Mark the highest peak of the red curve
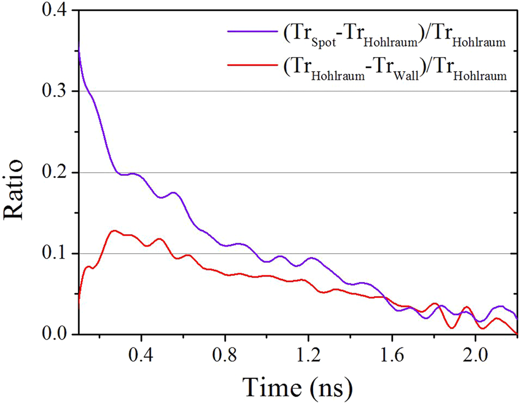(114, 231)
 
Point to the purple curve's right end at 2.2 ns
(517, 319)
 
